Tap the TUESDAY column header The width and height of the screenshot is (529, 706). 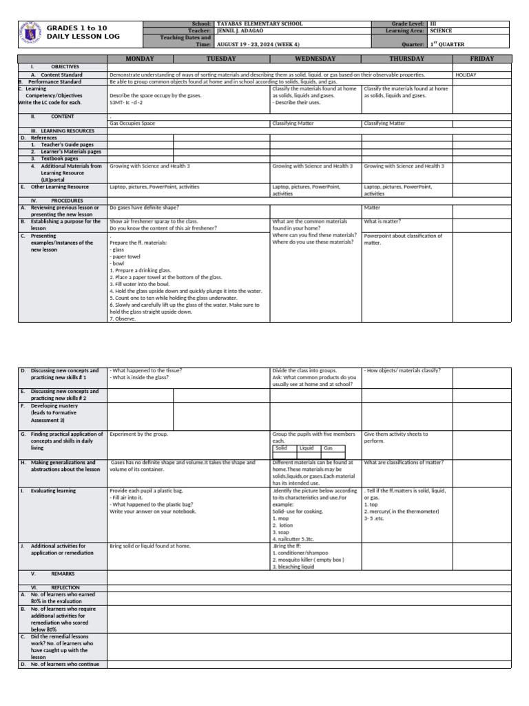pos(221,59)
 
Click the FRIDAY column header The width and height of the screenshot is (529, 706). pos(481,59)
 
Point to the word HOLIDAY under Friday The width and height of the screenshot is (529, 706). pos(466,74)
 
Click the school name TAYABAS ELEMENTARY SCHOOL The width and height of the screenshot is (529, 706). pos(260,24)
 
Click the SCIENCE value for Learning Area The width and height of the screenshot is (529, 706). pos(441,31)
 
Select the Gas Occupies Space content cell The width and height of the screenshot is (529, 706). pos(132,123)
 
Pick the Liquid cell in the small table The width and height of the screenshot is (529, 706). pos(307,448)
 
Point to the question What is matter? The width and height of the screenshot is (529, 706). pos(382,221)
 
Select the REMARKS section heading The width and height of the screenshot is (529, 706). pos(62,574)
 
